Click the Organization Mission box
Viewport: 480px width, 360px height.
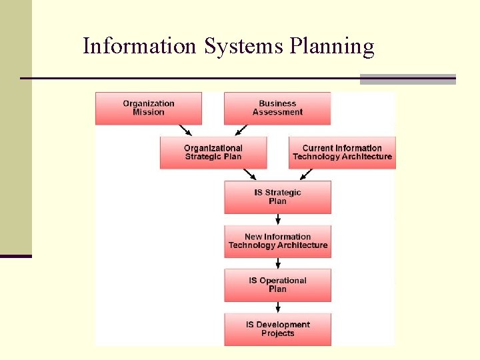click(x=148, y=108)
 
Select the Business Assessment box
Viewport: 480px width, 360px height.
click(x=277, y=108)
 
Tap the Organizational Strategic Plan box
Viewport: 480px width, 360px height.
click(x=213, y=152)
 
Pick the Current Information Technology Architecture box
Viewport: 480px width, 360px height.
click(x=342, y=152)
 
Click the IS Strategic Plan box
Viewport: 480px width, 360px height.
click(x=277, y=197)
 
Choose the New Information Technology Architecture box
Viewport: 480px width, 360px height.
click(x=277, y=241)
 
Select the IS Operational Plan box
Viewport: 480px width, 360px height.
click(x=277, y=285)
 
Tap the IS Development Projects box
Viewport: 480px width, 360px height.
click(x=277, y=329)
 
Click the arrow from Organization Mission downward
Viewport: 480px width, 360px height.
click(x=187, y=130)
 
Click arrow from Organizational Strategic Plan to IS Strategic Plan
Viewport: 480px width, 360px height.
click(x=251, y=174)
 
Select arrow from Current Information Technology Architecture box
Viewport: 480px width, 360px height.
click(x=306, y=174)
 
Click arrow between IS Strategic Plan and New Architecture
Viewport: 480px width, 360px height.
click(x=278, y=219)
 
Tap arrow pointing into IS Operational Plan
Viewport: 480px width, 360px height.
click(x=278, y=263)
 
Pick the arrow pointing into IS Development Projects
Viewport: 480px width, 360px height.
click(x=278, y=307)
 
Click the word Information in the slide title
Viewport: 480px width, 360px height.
click(x=139, y=46)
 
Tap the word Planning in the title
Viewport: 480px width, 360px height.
click(x=331, y=46)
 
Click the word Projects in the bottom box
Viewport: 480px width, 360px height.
click(x=278, y=333)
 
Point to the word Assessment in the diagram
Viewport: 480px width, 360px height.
click(x=278, y=113)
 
